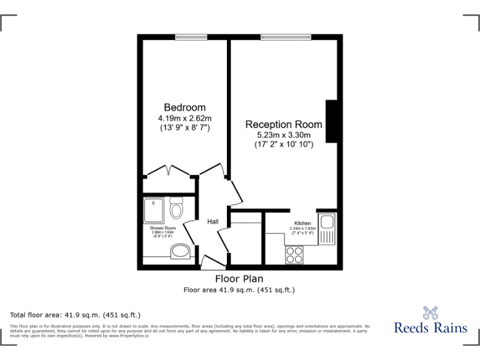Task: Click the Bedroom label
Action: (x=184, y=107)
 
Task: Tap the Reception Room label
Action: (x=284, y=124)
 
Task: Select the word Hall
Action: (x=212, y=222)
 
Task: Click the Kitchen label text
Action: (x=302, y=223)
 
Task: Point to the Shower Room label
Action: (x=161, y=228)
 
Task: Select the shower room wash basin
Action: (x=181, y=251)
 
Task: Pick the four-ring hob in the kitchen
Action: (x=294, y=254)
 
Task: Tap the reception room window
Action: (x=285, y=37)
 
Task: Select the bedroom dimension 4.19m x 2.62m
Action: (x=184, y=118)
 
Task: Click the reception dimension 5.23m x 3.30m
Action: (x=284, y=135)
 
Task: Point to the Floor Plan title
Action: (x=239, y=279)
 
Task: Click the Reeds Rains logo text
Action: (x=430, y=327)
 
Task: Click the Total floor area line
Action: (x=76, y=314)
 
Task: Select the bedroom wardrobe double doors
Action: (x=168, y=170)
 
